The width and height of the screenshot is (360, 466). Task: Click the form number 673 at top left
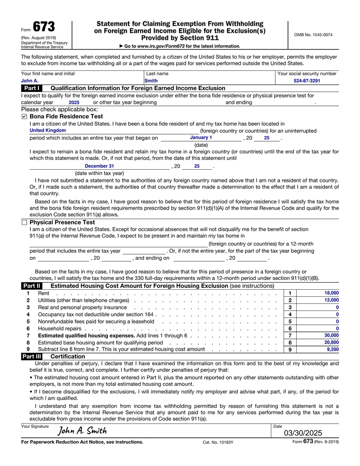tap(43, 27)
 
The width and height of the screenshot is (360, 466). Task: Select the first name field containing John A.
tap(30, 81)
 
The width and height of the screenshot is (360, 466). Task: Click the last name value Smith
tap(151, 81)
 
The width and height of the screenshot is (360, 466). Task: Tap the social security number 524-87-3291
tap(307, 81)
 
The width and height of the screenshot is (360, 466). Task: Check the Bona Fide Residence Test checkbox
tap(24, 116)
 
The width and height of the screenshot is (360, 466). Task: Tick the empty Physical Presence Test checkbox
tap(24, 222)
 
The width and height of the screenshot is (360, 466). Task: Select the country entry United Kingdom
tap(48, 130)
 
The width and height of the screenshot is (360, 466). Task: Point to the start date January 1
tap(201, 138)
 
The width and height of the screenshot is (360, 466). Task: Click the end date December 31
tap(99, 166)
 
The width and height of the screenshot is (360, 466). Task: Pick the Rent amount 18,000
tap(331, 293)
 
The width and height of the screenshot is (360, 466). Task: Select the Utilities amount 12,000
tap(331, 300)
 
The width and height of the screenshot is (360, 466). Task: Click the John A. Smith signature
tap(82, 430)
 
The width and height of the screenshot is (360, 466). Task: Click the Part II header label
tap(31, 286)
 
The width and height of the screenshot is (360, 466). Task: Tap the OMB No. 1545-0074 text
tap(313, 35)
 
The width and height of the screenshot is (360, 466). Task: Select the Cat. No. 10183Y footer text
tap(218, 442)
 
